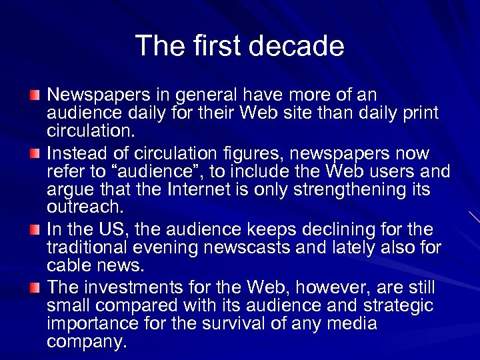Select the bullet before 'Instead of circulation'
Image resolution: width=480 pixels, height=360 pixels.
36,155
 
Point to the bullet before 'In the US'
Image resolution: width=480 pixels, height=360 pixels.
36,231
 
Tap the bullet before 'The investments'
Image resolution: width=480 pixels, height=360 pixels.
36,288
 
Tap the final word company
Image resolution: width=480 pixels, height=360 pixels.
87,343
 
